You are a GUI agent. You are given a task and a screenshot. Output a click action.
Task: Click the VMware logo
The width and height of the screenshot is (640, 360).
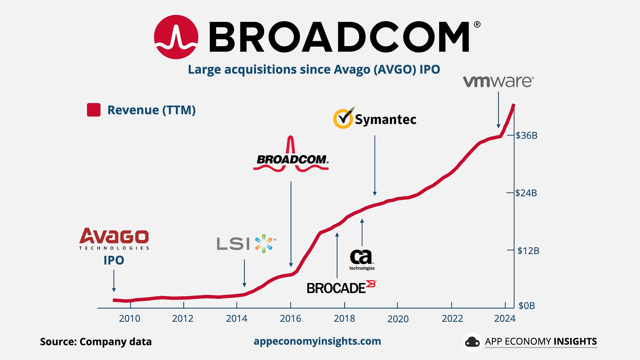(x=498, y=82)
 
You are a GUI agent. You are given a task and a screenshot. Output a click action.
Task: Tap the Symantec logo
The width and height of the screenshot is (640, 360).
(x=375, y=119)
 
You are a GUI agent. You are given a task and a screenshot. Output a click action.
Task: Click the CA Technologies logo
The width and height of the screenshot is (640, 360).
(x=362, y=259)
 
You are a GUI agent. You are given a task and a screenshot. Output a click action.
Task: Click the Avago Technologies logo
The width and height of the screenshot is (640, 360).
(x=114, y=239)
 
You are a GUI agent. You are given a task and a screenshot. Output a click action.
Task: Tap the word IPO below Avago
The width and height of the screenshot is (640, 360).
(x=114, y=260)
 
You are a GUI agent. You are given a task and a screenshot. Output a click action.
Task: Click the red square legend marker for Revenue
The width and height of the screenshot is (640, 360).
(x=94, y=110)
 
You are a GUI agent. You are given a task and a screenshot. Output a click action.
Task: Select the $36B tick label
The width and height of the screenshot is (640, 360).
(x=527, y=135)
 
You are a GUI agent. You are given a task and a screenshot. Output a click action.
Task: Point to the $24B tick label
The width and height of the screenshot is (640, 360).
(x=527, y=193)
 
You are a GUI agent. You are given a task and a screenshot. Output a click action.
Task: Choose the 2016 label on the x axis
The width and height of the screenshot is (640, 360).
(x=291, y=318)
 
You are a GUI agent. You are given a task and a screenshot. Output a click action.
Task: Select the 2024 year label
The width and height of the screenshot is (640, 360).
(x=505, y=318)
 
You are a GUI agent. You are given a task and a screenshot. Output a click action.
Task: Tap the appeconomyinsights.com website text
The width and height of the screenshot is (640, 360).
(x=317, y=341)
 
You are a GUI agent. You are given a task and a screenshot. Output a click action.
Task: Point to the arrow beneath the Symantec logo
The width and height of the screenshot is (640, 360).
(x=375, y=165)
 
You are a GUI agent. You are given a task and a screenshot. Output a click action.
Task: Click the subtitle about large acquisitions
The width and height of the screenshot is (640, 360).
(x=314, y=69)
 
